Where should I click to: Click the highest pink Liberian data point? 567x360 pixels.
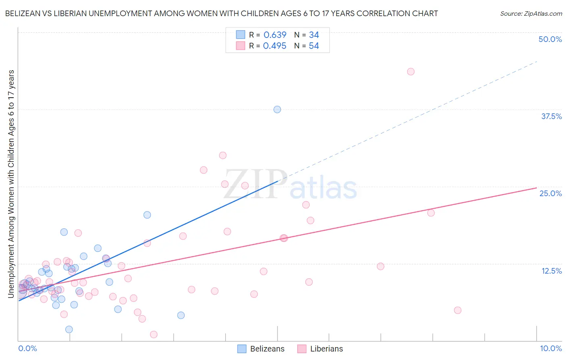click(411, 71)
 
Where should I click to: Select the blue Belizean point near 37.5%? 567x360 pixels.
click(277, 109)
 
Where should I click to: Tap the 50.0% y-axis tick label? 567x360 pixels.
click(550, 39)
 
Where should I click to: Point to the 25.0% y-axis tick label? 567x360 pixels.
click(550, 193)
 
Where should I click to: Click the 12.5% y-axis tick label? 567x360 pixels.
click(551, 271)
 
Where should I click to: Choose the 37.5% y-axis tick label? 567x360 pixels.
click(551, 116)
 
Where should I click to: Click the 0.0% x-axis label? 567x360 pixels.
click(27, 348)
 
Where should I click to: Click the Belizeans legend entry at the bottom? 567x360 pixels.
click(261, 349)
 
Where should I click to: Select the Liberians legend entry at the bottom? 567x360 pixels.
click(320, 349)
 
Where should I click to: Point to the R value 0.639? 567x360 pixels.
click(275, 35)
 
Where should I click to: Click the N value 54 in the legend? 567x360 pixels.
click(314, 46)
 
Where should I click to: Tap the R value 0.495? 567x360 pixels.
click(275, 46)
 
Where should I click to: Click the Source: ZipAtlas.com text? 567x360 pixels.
click(531, 13)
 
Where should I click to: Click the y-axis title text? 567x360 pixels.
click(11, 184)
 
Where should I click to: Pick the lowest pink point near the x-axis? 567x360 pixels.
click(153, 334)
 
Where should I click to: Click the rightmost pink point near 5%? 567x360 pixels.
click(457, 310)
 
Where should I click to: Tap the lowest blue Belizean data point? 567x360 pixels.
click(69, 329)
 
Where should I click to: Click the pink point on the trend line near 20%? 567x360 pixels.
click(431, 213)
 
